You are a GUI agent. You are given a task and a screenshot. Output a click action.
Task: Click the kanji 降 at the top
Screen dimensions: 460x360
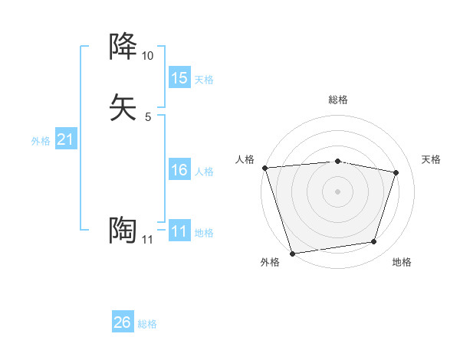pos(123,47)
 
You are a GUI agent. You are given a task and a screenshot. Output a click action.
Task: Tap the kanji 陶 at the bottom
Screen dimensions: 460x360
pos(123,230)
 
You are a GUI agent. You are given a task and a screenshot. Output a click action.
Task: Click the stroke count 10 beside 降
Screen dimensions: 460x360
pos(147,56)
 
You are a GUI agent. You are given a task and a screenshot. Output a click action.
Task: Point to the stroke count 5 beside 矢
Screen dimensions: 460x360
pos(147,117)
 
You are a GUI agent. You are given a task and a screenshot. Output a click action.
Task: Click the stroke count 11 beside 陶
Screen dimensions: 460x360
pos(147,240)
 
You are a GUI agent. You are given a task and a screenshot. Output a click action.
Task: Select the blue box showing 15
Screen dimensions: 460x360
pos(179,77)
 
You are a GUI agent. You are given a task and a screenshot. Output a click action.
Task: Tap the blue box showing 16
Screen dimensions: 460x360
pos(179,170)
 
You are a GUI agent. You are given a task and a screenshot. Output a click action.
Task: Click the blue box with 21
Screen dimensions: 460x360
pos(65,139)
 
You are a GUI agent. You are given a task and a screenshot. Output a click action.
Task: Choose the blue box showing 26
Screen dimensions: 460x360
pos(122,322)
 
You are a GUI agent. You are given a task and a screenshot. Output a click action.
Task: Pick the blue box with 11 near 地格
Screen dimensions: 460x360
pos(179,231)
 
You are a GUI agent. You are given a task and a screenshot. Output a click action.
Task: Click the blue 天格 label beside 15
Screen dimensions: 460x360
pos(204,79)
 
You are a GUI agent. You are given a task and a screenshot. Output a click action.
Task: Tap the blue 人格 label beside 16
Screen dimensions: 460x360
pos(204,172)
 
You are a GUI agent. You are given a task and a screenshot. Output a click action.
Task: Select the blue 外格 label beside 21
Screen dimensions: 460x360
pos(41,141)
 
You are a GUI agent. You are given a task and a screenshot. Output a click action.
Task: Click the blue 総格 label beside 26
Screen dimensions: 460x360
pos(147,324)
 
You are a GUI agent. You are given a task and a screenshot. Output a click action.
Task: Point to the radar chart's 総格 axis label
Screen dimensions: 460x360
pos(337,100)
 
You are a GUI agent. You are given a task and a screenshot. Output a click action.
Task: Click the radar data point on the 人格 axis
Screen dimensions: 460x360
pos(264,168)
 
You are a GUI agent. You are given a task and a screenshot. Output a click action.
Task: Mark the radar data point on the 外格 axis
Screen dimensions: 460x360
pos(292,253)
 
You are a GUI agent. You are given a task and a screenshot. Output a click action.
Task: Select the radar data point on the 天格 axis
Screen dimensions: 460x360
pos(396,172)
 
